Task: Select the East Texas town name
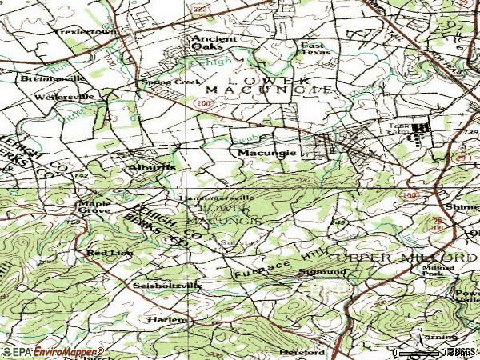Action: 315,50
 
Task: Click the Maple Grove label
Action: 94,206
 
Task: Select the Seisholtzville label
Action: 168,285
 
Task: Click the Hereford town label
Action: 302,351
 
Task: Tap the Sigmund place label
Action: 323,272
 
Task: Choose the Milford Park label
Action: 438,271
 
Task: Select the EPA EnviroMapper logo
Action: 53,352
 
